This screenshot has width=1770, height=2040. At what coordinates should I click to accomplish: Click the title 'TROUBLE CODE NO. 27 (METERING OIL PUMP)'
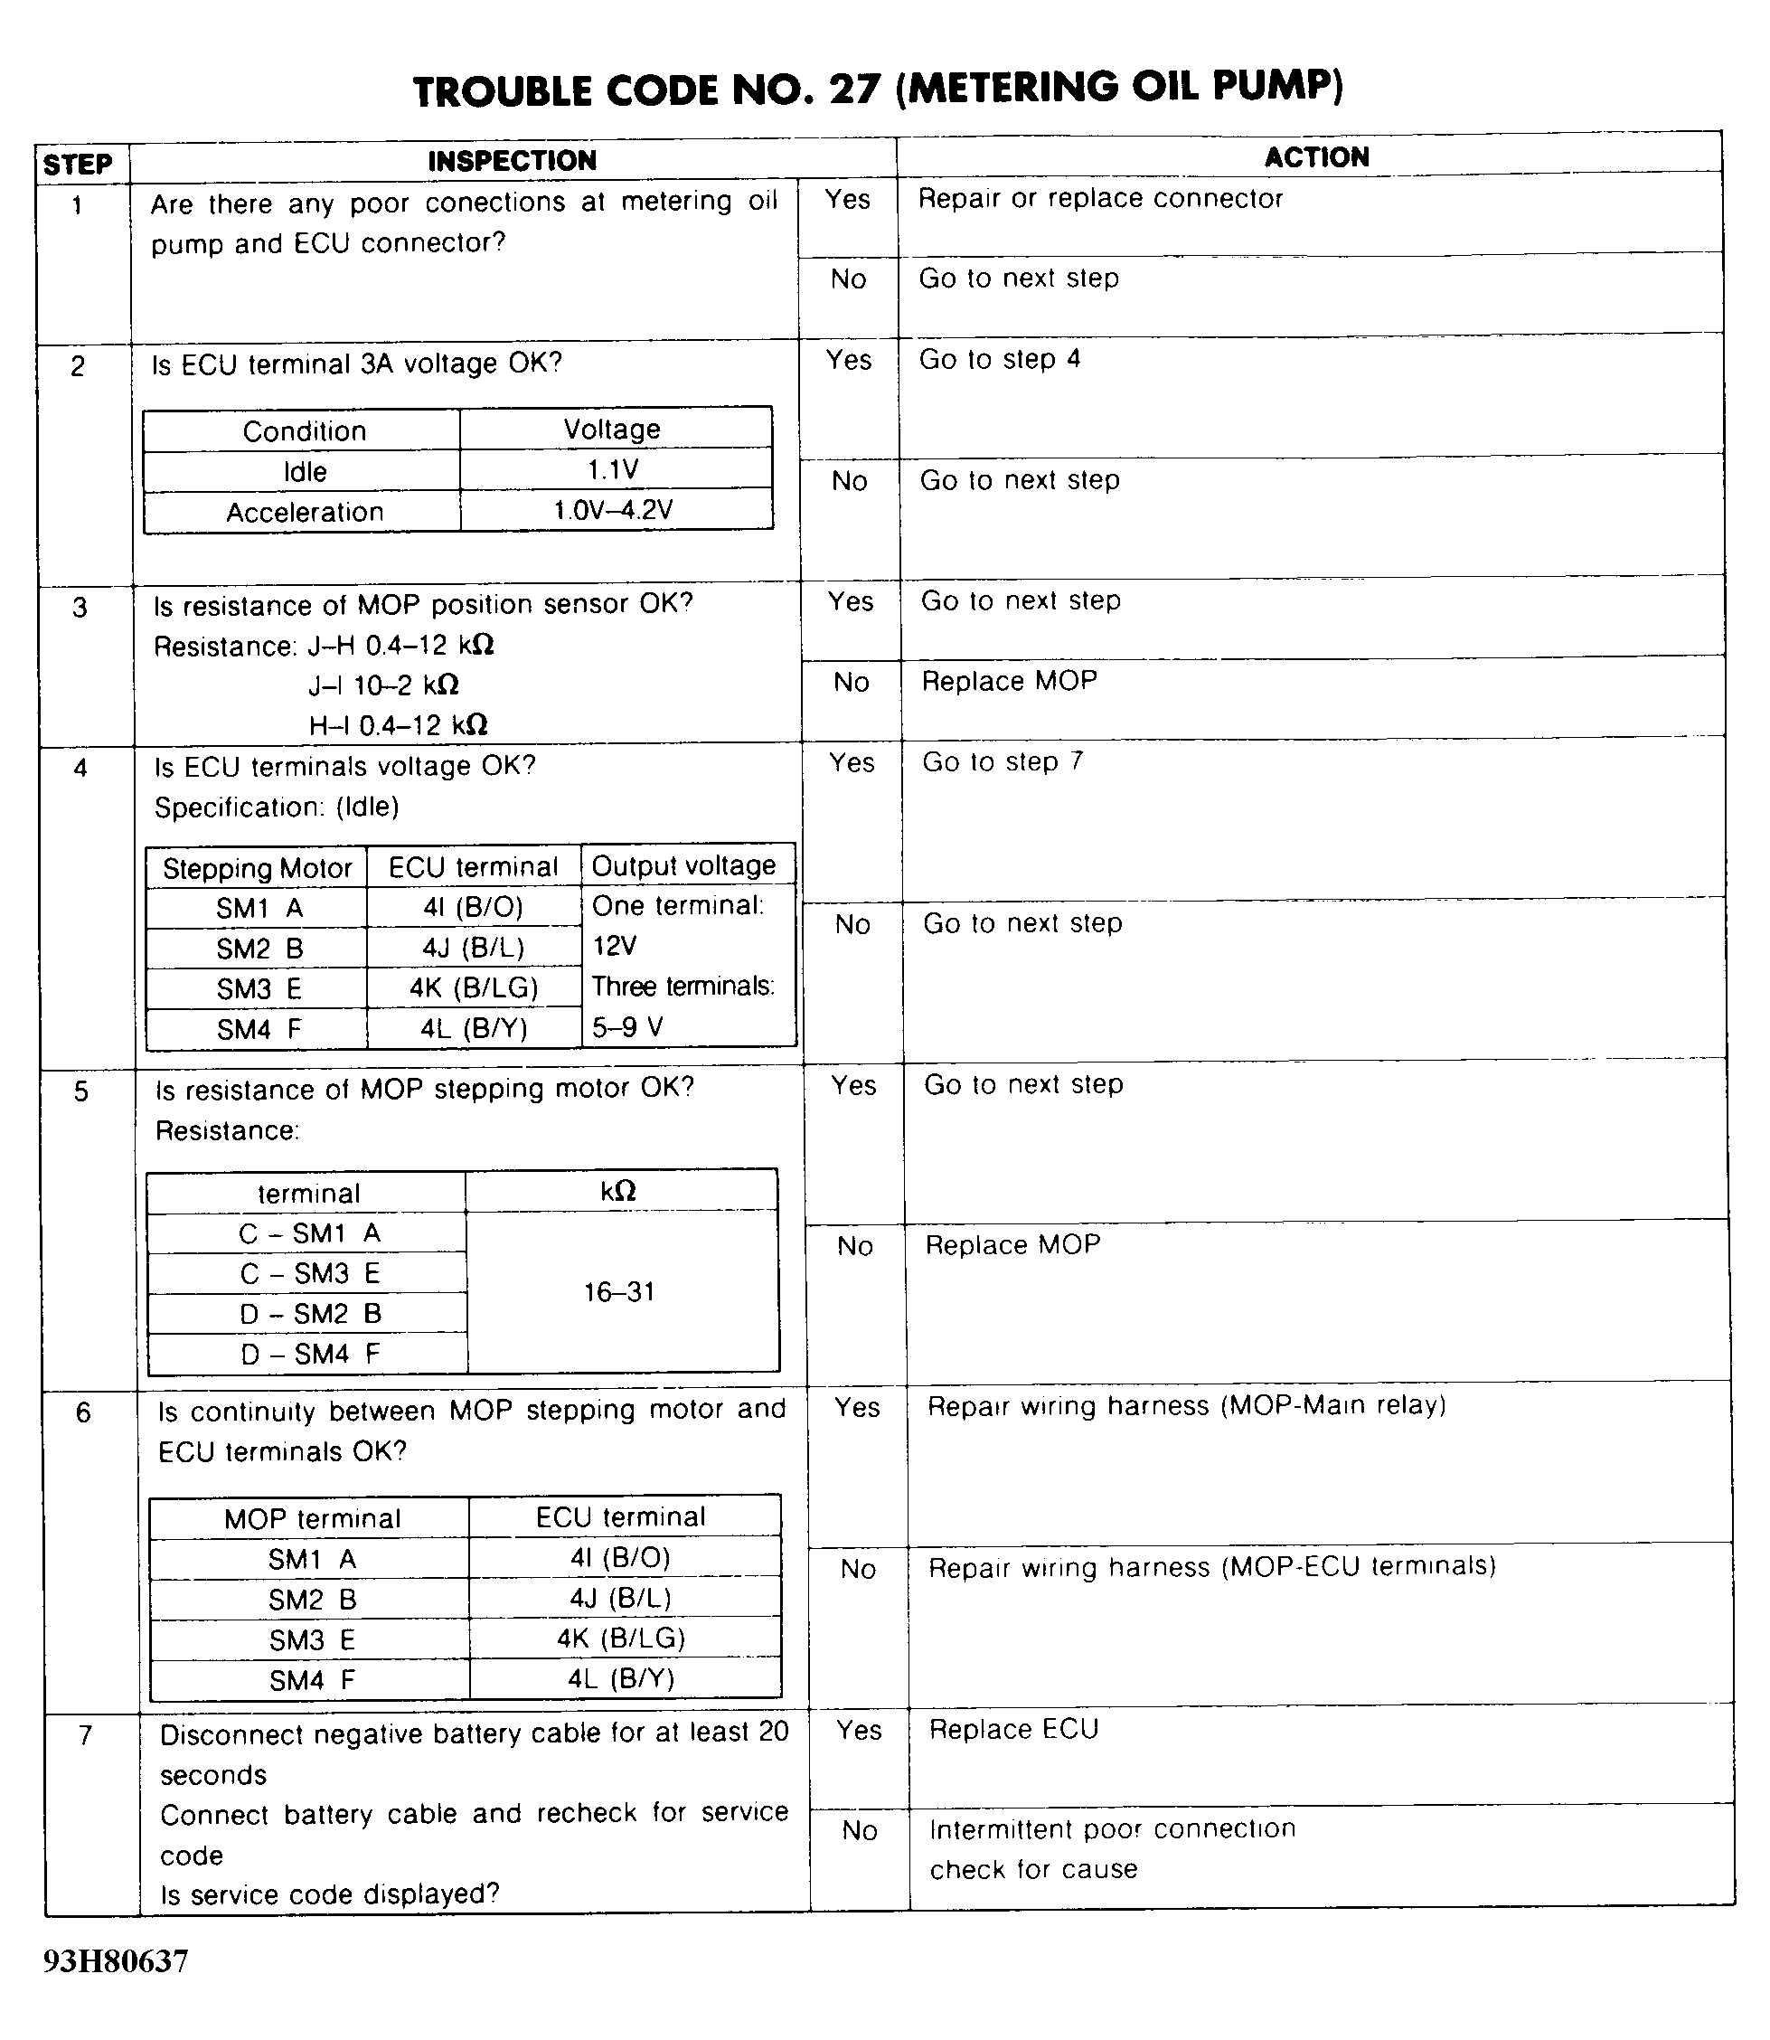(878, 89)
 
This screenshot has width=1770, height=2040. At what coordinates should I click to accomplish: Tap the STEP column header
(77, 164)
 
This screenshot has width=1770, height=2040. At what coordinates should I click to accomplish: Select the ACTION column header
(1315, 157)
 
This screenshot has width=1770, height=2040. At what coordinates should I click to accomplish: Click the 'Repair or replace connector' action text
(1099, 199)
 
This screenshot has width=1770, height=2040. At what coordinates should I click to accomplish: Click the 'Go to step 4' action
(1000, 360)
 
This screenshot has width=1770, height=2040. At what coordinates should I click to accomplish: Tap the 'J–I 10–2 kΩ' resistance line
(383, 685)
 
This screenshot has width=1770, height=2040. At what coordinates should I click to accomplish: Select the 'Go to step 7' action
(1003, 761)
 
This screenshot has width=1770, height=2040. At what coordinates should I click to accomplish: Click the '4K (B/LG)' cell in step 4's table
(473, 987)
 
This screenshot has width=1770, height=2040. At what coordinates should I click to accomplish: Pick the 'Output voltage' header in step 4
(683, 865)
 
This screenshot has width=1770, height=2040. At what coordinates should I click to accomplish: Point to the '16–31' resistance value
(619, 1292)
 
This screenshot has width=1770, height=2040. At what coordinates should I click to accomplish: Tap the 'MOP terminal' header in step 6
(312, 1518)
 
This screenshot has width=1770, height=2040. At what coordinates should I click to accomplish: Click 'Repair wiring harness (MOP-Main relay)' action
(1186, 1406)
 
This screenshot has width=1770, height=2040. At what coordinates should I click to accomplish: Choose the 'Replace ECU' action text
(1013, 1730)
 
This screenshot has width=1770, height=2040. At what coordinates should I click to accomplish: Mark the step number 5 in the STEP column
(81, 1091)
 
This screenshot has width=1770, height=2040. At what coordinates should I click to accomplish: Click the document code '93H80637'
(116, 1961)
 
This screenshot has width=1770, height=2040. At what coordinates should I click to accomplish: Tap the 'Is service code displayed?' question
(330, 1894)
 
